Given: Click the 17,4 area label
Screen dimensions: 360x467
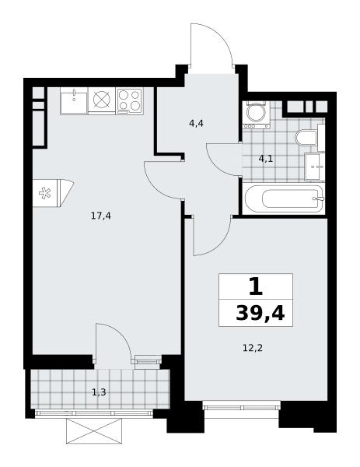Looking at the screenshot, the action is click(x=101, y=216).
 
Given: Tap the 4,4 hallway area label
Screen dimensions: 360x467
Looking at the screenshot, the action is click(x=196, y=123).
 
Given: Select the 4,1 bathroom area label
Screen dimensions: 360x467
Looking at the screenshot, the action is click(x=265, y=159).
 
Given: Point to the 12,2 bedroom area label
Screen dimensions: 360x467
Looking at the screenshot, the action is click(x=253, y=348).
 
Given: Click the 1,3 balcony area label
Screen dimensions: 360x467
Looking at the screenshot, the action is click(x=99, y=392).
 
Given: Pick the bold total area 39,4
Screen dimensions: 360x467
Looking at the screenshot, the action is click(x=260, y=314).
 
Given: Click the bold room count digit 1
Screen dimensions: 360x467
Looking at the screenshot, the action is click(x=256, y=286).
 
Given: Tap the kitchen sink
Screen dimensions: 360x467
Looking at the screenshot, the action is click(x=74, y=100).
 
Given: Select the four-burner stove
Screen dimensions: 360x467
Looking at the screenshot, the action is click(x=129, y=100).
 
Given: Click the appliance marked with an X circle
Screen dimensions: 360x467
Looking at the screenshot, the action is click(x=102, y=100).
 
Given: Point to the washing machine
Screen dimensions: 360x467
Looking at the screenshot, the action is click(x=256, y=114).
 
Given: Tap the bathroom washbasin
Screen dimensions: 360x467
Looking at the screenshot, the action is click(x=315, y=167).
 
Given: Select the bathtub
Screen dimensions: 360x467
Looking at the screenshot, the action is click(x=284, y=198).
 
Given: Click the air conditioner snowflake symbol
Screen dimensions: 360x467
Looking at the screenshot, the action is click(x=45, y=193).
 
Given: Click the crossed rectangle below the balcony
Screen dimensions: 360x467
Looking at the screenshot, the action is click(x=94, y=430).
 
